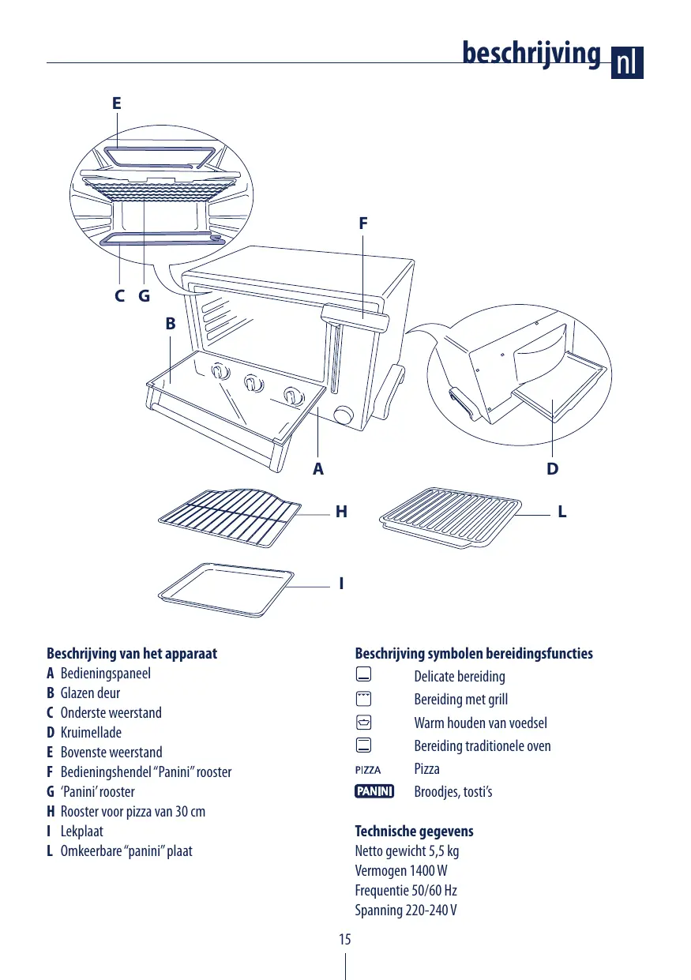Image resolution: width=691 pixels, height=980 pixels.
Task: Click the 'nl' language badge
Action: [x=627, y=62]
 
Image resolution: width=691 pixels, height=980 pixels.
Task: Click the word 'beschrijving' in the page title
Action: [x=531, y=53]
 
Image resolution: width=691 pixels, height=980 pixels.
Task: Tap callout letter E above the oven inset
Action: [x=117, y=103]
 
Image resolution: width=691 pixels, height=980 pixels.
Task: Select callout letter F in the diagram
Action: [x=362, y=223]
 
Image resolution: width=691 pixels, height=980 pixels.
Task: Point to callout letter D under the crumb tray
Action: [x=553, y=468]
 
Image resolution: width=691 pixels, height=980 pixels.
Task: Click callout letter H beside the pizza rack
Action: [x=341, y=513]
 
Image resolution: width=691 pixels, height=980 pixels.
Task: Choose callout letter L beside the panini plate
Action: [x=562, y=513]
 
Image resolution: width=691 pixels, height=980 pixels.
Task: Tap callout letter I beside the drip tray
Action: [x=341, y=584]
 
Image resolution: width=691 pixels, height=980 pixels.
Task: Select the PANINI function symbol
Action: [x=374, y=791]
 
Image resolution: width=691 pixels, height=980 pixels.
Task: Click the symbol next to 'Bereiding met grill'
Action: [x=363, y=699]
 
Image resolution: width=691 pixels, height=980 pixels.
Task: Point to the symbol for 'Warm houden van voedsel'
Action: [x=363, y=723]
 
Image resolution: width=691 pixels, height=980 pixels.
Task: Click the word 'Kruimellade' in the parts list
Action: [x=91, y=733]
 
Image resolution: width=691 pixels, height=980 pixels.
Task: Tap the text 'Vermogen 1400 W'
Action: [x=401, y=871]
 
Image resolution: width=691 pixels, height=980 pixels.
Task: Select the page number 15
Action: [x=345, y=940]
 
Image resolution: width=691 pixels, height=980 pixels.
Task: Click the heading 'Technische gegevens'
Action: [x=414, y=832]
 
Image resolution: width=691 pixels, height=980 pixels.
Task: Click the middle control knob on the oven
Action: [x=252, y=383]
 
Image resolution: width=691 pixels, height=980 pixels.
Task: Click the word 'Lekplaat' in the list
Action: [x=81, y=832]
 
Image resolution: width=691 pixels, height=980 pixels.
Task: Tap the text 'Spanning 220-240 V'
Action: [x=406, y=911]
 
